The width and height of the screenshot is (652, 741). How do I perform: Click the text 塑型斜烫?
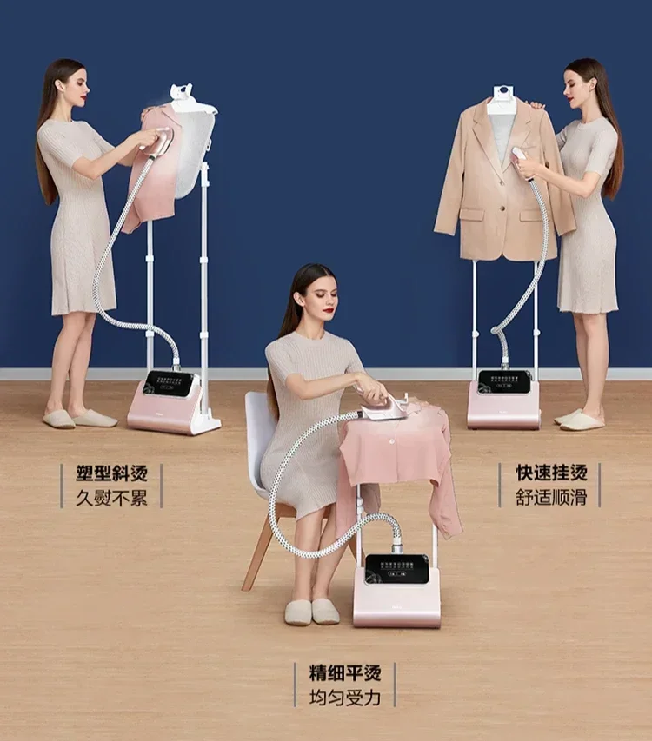click(x=111, y=473)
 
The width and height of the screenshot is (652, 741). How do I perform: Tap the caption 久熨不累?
click(x=111, y=499)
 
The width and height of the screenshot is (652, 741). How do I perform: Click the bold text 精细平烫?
click(x=345, y=672)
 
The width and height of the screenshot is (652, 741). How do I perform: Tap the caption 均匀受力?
click(x=345, y=698)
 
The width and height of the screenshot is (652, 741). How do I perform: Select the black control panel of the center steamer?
click(x=396, y=570)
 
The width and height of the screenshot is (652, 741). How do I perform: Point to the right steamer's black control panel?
click(x=504, y=381)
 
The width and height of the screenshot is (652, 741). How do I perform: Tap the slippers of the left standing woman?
click(x=80, y=419)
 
